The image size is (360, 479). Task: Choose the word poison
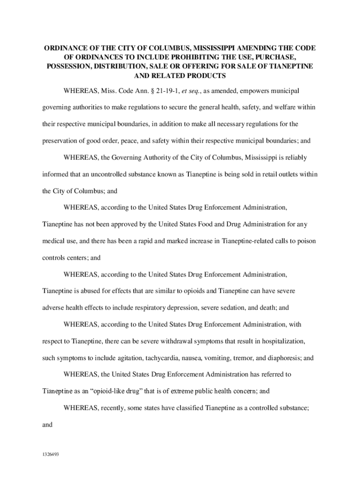(299, 241)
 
